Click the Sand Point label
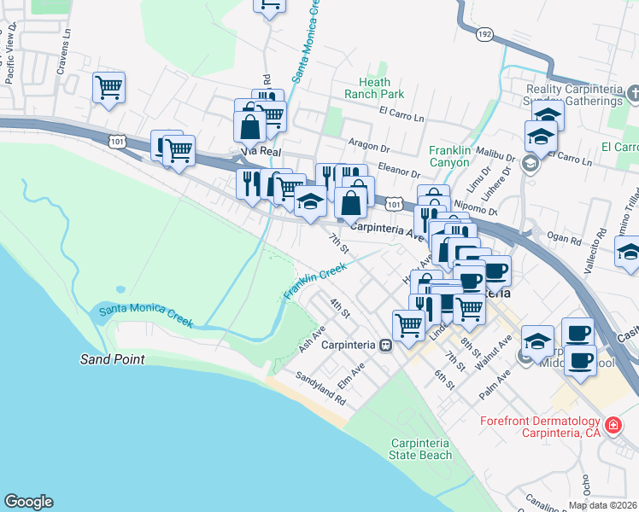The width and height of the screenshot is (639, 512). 113,360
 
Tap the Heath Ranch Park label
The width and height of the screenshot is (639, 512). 374,87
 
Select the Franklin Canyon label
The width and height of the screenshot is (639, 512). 449,156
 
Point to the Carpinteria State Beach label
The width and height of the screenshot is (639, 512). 419,449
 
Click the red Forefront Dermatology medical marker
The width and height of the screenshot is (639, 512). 612,424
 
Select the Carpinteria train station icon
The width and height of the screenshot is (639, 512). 386,346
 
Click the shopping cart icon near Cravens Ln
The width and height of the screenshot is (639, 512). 109,87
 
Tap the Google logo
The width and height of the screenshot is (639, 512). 28,502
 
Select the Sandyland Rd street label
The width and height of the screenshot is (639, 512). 320,387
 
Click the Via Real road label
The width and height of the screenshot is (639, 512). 261,151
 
